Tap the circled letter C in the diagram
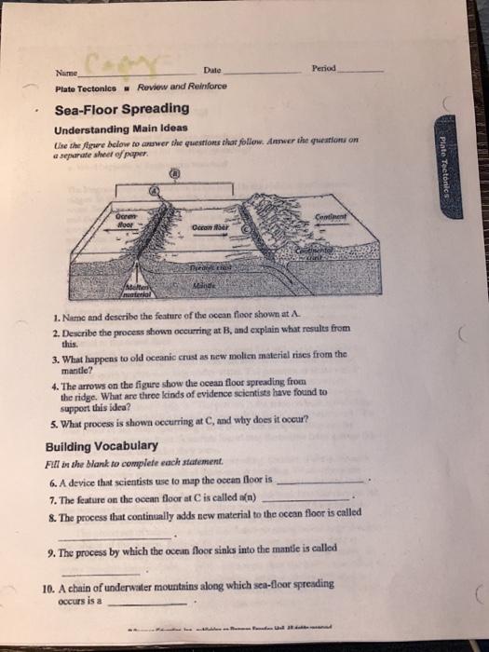(x=245, y=226)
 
